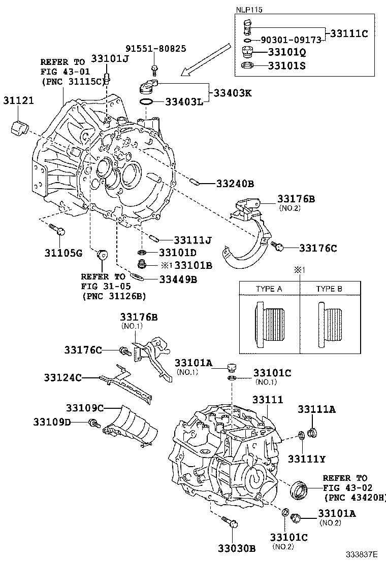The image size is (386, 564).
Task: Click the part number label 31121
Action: [x=20, y=100]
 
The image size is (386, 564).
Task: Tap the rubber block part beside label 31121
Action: [x=21, y=127]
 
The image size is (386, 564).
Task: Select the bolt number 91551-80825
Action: [x=149, y=49]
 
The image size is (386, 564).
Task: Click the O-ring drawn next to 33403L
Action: [x=146, y=102]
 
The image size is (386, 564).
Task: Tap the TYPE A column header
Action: [x=269, y=289]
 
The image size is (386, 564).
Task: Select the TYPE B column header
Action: [x=329, y=289]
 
